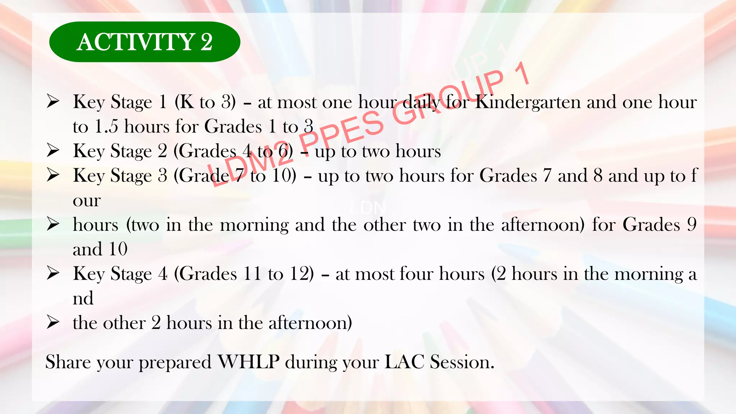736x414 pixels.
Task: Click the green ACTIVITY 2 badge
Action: pos(144,42)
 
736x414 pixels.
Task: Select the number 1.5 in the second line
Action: pos(106,127)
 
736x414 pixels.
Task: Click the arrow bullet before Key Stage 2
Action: pos(53,151)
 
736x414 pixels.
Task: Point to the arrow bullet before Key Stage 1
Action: pos(53,102)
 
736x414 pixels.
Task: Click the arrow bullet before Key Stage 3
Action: pos(53,175)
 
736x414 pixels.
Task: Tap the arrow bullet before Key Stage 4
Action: pos(53,273)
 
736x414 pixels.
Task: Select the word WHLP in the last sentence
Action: pos(249,362)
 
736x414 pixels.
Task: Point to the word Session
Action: pos(462,362)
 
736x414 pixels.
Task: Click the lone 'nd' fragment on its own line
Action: pos(83,299)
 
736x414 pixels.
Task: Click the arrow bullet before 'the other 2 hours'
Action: pos(53,322)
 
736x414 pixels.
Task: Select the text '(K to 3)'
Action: pos(205,102)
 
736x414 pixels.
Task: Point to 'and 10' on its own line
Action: pos(100,249)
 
